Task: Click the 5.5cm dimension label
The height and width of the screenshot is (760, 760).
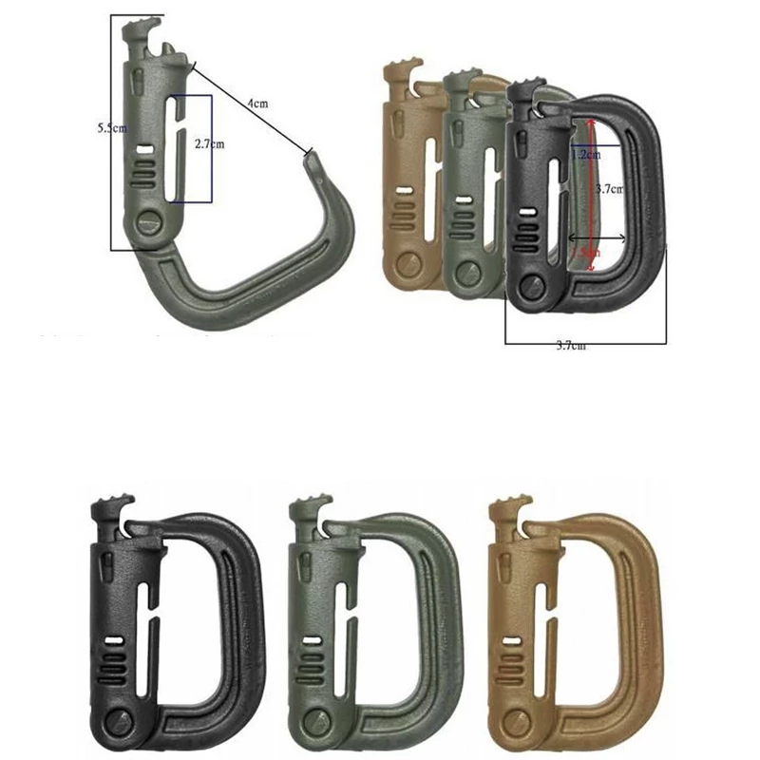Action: [x=112, y=128]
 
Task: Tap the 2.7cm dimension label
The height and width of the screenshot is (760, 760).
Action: [x=208, y=144]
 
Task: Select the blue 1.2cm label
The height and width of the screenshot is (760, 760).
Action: [x=584, y=153]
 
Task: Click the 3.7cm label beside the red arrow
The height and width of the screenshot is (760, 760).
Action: [x=608, y=189]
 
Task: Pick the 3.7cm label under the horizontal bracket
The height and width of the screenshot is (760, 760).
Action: [x=570, y=346]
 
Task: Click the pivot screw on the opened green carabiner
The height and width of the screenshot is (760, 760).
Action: [x=148, y=223]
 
